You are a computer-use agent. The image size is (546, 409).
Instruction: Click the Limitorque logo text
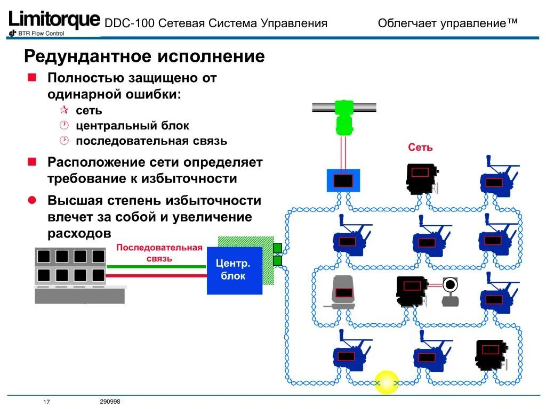(54, 20)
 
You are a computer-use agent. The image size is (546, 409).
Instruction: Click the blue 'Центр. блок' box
(234, 270)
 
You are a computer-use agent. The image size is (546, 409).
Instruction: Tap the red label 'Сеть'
(420, 148)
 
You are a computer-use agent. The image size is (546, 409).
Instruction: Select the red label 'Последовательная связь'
(159, 253)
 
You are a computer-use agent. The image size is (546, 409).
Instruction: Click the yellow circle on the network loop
(387, 381)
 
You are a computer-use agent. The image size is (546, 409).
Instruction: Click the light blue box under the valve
(343, 180)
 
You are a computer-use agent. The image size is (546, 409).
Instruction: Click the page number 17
(46, 402)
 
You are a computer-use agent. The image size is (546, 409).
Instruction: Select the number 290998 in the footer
(110, 402)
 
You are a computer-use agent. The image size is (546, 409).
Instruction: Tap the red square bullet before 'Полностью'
(31, 78)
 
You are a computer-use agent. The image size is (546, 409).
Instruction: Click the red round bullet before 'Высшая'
(31, 200)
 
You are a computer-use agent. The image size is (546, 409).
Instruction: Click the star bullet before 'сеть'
(64, 110)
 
